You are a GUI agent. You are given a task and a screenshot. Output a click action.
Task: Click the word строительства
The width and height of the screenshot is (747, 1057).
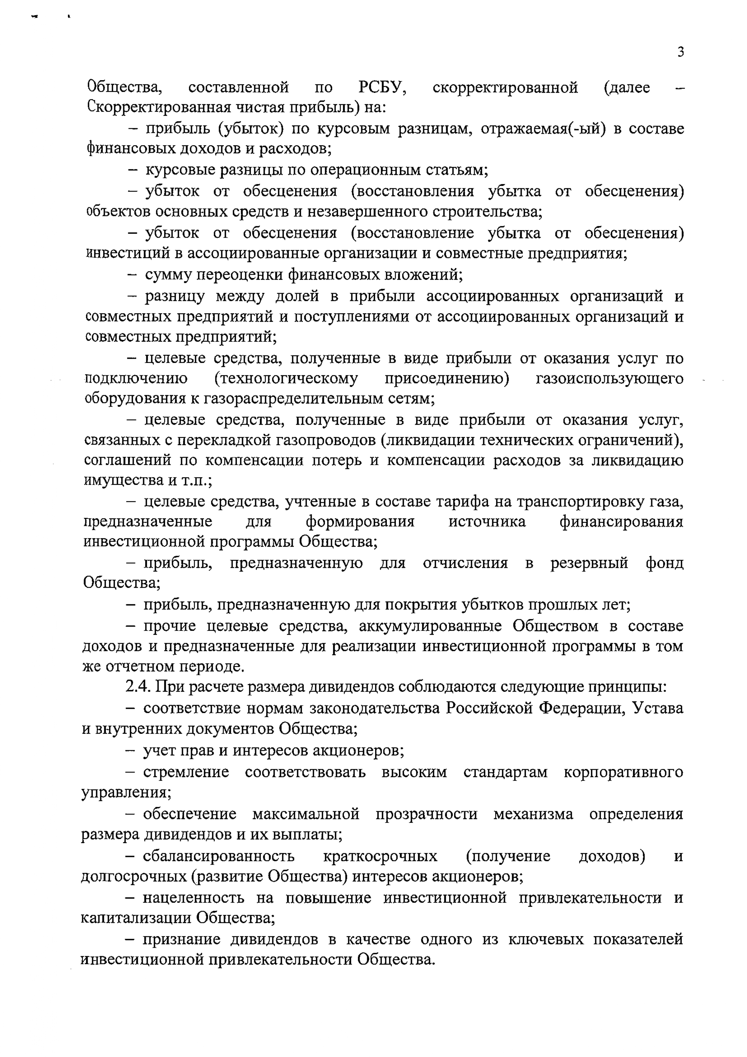point(487,212)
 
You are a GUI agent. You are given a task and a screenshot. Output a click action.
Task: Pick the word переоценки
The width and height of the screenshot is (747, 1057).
point(239,275)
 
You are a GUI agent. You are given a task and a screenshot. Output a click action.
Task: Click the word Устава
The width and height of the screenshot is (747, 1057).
point(658,707)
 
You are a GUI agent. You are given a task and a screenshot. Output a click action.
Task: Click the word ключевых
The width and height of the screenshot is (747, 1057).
point(544,939)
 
